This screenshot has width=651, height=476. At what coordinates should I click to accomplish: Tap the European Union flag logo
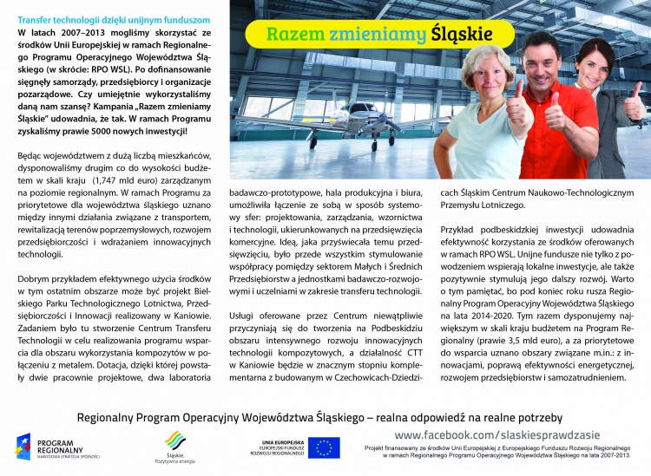[325, 447]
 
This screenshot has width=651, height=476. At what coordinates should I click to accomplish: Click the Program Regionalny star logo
[23, 447]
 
